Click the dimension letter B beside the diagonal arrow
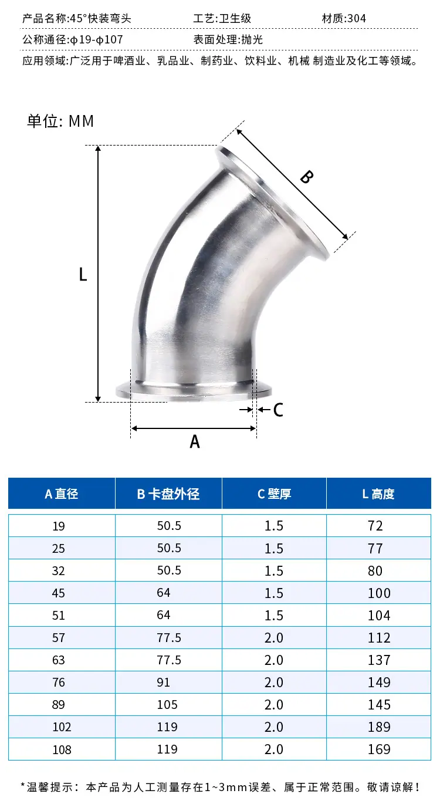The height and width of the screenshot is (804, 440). point(307,177)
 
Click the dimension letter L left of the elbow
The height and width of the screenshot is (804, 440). point(83,275)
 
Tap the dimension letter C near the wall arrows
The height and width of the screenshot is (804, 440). point(278,410)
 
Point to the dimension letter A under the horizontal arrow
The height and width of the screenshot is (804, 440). point(195,441)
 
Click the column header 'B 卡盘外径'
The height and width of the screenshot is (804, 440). point(168,494)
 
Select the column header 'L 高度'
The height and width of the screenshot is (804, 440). point(378,494)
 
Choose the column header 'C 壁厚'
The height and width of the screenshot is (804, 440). point(274,494)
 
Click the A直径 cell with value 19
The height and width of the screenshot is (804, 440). point(59,526)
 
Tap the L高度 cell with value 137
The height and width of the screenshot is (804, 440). point(379,660)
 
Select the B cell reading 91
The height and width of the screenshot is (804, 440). point(163,683)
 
